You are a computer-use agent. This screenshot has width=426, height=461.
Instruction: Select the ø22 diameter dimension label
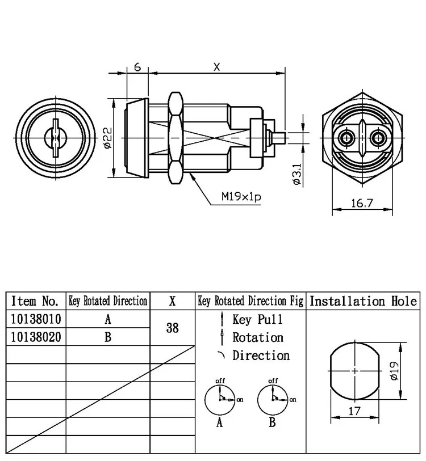pos(108,137)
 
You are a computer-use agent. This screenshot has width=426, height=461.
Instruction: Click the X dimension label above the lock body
pos(216,67)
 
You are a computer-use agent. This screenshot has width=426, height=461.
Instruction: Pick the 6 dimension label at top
pos(137,66)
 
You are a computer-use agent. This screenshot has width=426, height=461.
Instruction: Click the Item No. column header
pos(35,301)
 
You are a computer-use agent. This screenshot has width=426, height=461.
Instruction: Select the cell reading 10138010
pos(36,319)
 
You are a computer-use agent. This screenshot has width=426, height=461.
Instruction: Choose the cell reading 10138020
pos(36,337)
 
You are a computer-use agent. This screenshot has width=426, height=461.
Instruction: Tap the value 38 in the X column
pos(172,328)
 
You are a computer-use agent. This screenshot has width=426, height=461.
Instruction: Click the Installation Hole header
pos(364,301)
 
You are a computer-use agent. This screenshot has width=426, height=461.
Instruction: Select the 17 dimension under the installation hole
pos(354,412)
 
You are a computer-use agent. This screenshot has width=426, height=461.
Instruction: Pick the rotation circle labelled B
pos(272,399)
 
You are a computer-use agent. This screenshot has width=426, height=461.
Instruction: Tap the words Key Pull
pos(257,319)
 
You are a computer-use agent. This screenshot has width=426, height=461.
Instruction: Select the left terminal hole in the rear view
pos(345,138)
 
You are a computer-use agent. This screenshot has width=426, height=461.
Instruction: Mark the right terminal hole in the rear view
pos(376,138)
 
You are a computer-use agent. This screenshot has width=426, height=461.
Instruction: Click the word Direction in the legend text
pos(261,356)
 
